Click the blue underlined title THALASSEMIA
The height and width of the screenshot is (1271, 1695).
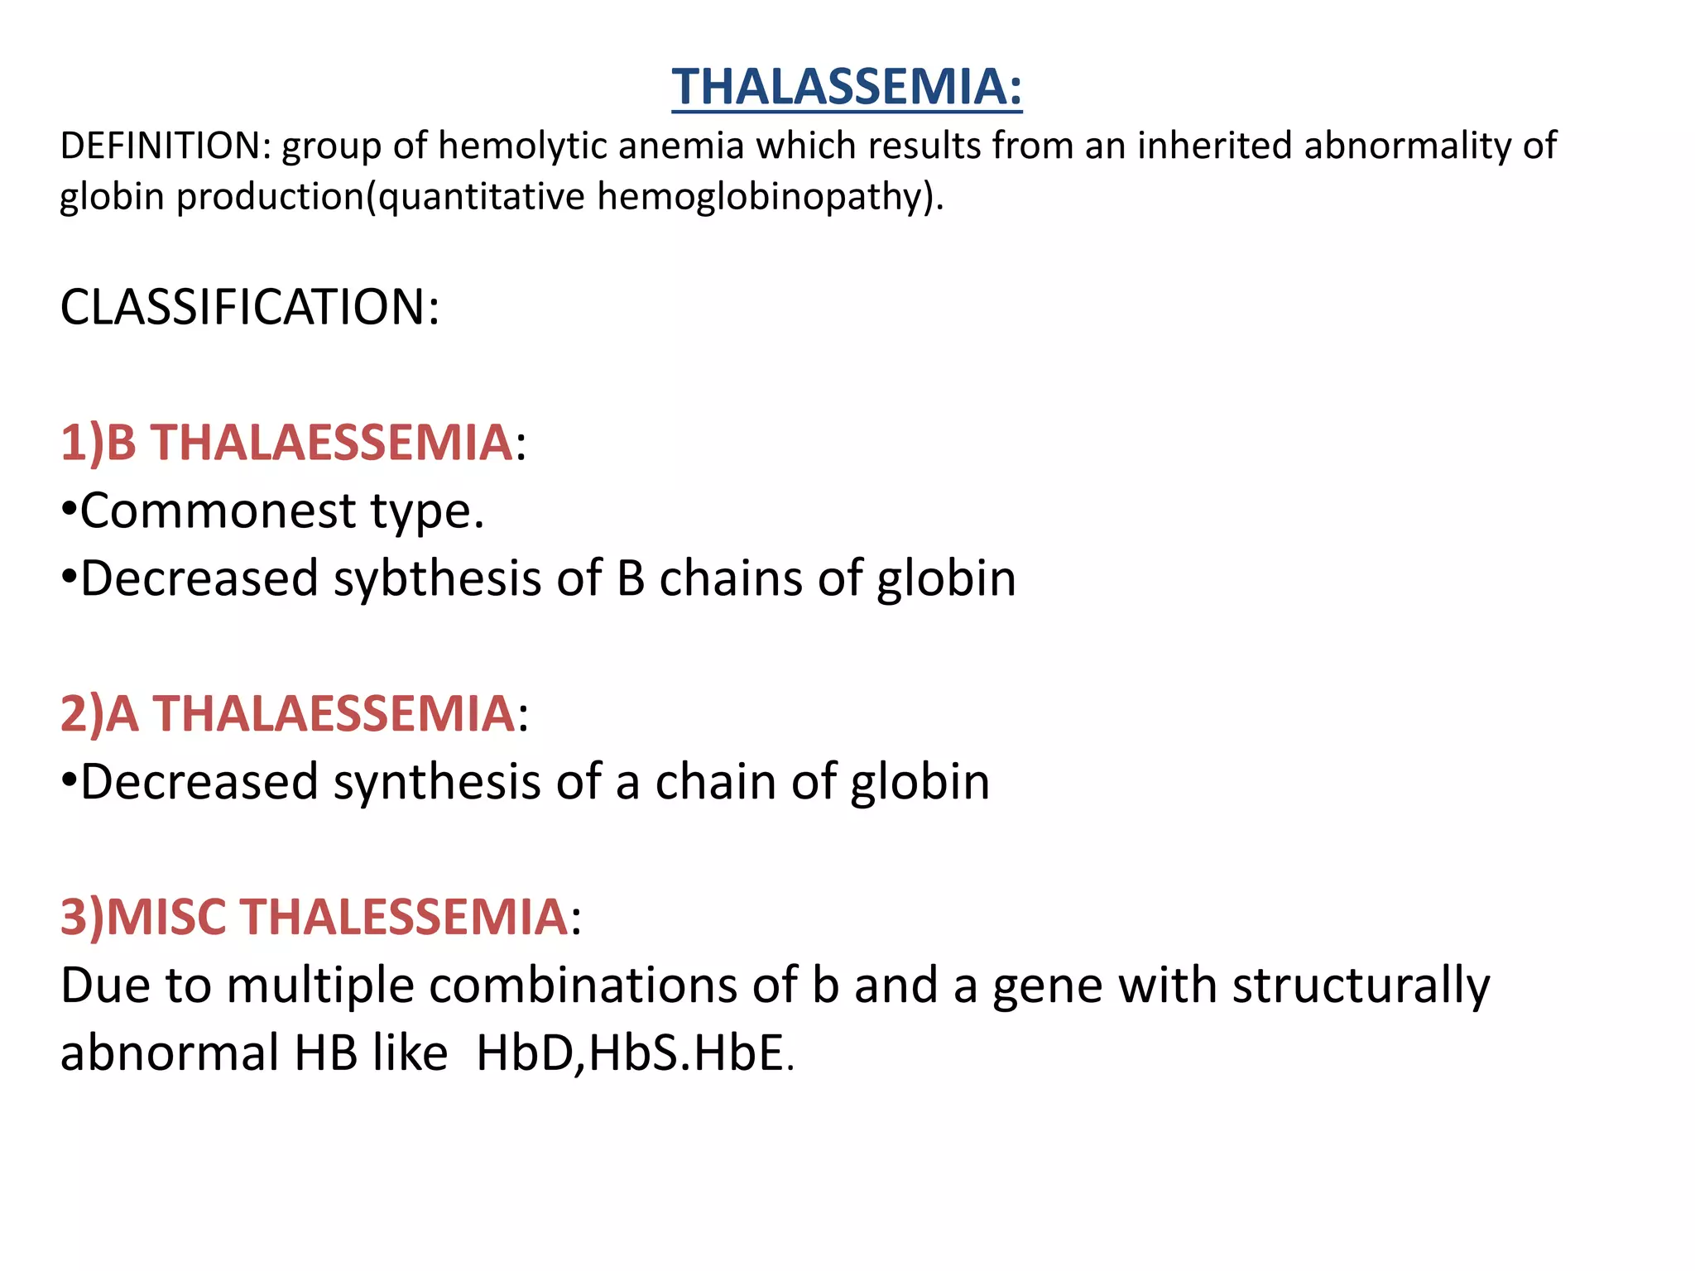point(846,87)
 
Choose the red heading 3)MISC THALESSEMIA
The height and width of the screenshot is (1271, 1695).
point(315,917)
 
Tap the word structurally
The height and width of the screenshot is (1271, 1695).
point(1361,986)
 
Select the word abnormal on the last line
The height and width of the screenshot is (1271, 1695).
point(170,1053)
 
